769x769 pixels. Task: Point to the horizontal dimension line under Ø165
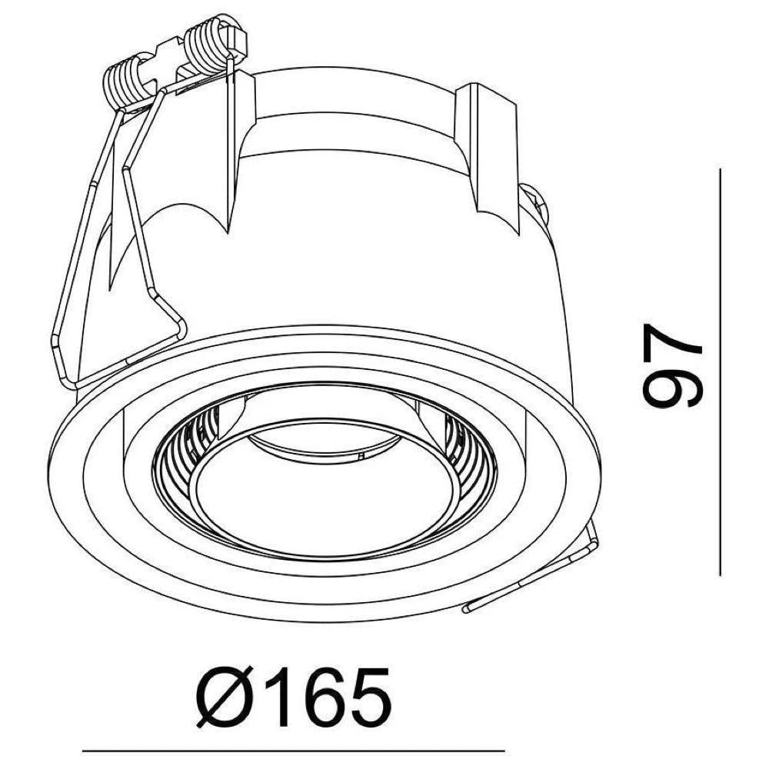pos(292,750)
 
